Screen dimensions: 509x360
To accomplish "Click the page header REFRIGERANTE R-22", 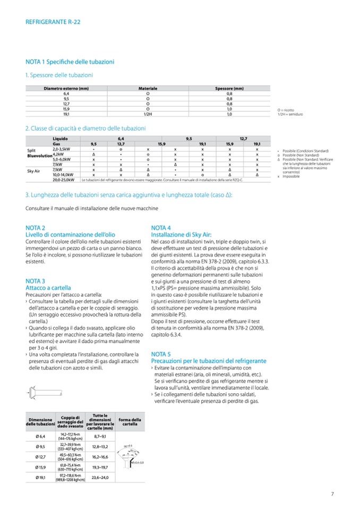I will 53,22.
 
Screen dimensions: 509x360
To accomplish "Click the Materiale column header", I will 148,88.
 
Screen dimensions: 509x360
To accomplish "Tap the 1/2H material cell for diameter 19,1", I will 148,114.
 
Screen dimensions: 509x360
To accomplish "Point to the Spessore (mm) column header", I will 229,88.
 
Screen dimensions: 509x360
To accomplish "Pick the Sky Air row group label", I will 34,171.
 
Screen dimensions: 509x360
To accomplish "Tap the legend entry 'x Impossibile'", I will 288,176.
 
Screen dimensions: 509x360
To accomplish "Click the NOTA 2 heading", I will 35,227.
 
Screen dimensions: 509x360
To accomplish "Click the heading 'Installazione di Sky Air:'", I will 182,234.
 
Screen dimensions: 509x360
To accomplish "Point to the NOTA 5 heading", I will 161,353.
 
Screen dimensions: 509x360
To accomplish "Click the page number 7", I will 332,494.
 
